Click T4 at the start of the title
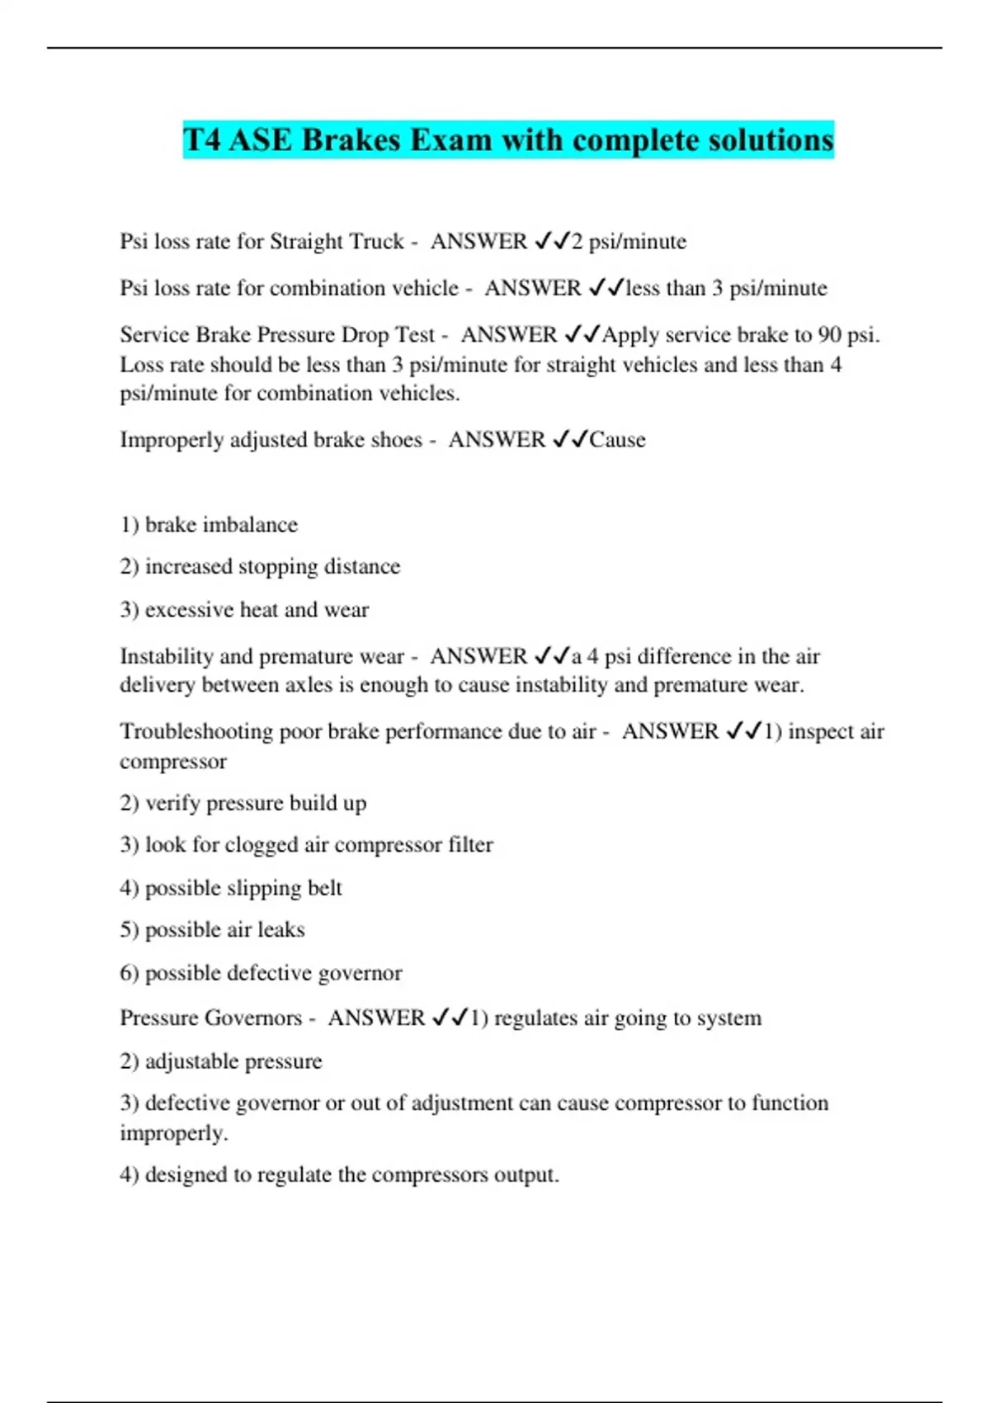[x=202, y=139]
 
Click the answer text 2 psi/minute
[x=629, y=241]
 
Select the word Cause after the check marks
[x=617, y=439]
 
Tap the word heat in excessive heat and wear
[x=258, y=610]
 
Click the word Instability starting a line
[x=167, y=656]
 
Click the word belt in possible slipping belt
[x=324, y=888]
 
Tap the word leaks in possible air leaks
[x=281, y=930]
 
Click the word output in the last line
[x=525, y=1174]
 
